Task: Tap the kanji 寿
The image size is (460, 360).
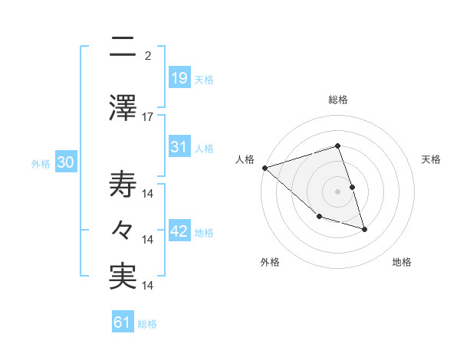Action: point(123,184)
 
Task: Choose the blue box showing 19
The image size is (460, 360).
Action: point(179,78)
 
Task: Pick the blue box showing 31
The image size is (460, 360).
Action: point(179,147)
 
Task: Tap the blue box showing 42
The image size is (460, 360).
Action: point(179,231)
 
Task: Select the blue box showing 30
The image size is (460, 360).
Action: point(65,162)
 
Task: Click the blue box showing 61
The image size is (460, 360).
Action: point(123,323)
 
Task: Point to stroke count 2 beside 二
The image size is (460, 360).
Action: point(148,55)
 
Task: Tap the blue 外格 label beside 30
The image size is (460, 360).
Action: point(41,163)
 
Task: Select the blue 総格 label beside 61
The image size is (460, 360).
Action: point(147,324)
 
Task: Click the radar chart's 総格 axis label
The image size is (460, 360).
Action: point(338,100)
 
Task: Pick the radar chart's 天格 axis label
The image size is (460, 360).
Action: point(432,159)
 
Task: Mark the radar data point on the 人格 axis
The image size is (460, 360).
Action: point(264,168)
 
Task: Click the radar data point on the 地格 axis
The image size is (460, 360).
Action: point(364,228)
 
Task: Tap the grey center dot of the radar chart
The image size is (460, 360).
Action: point(338,191)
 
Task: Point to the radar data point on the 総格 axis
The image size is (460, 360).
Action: point(338,146)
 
